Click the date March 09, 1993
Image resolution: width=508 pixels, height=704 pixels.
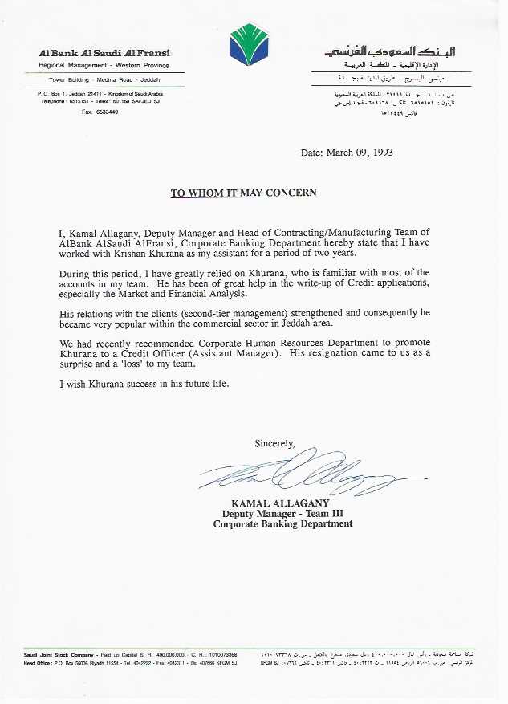point(347,153)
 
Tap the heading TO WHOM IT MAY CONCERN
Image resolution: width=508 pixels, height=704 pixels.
point(243,193)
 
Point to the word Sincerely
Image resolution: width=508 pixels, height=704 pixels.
point(274,443)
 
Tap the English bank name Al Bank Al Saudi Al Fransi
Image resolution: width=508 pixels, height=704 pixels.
point(104,52)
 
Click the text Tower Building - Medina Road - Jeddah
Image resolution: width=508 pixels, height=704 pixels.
point(104,81)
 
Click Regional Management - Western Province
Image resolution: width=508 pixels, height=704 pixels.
point(104,65)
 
